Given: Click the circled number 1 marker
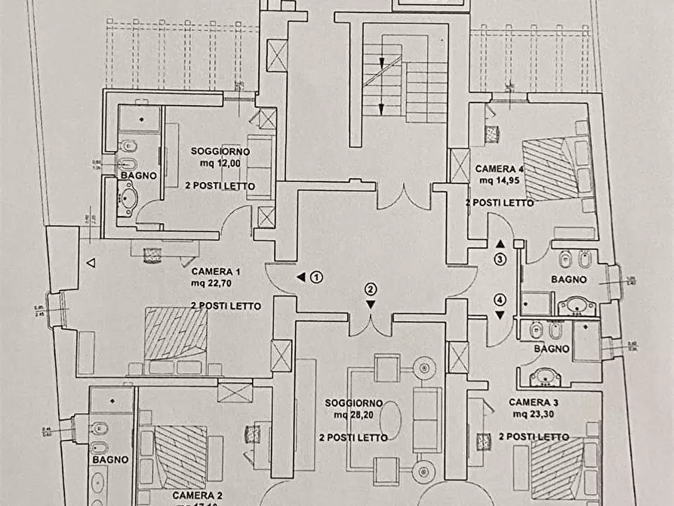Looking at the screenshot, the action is coord(317,277).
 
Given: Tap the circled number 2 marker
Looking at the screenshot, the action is coord(371,288).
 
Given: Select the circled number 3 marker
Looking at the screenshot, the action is coord(500,259).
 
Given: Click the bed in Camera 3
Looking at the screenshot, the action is coord(559,462).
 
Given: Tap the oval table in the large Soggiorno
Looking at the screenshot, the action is coord(390,420).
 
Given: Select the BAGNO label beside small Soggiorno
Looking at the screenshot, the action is coord(137,174).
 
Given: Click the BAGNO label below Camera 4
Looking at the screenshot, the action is coord(568,279).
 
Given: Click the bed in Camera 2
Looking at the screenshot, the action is coord(180,456).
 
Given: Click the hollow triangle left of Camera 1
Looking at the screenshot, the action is coord(91,263).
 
